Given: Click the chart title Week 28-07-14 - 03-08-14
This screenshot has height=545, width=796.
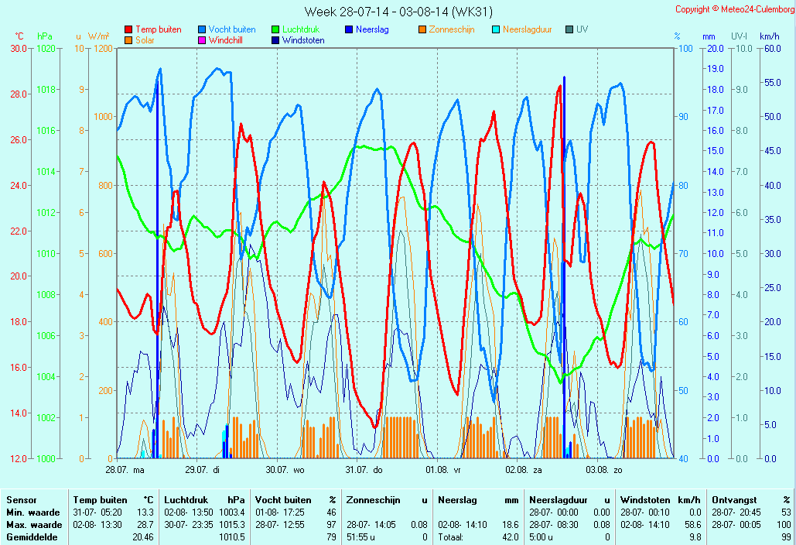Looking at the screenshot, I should coord(398,11).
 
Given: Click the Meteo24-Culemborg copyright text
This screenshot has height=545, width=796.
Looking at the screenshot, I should coord(734,9).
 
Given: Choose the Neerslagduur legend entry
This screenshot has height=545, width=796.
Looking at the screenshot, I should coord(527,29).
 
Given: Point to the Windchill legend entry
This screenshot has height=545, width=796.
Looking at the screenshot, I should coord(230,40).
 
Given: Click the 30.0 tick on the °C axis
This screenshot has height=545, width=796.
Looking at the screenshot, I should coord(19,48).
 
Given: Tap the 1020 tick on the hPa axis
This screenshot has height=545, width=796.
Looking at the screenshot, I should coord(46,48).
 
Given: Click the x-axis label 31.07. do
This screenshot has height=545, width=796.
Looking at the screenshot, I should coord(364,469).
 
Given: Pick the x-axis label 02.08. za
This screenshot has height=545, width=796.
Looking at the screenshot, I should coord(523,469).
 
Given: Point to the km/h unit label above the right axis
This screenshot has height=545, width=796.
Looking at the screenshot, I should coord(769,36).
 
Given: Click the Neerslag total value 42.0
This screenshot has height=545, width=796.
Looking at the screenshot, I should coord(510,536).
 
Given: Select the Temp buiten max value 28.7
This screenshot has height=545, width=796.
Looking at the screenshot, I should coord(145,524).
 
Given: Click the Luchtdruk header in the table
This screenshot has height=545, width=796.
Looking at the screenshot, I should coord(183,500).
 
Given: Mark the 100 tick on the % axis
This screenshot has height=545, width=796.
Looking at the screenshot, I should coord(685,48).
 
